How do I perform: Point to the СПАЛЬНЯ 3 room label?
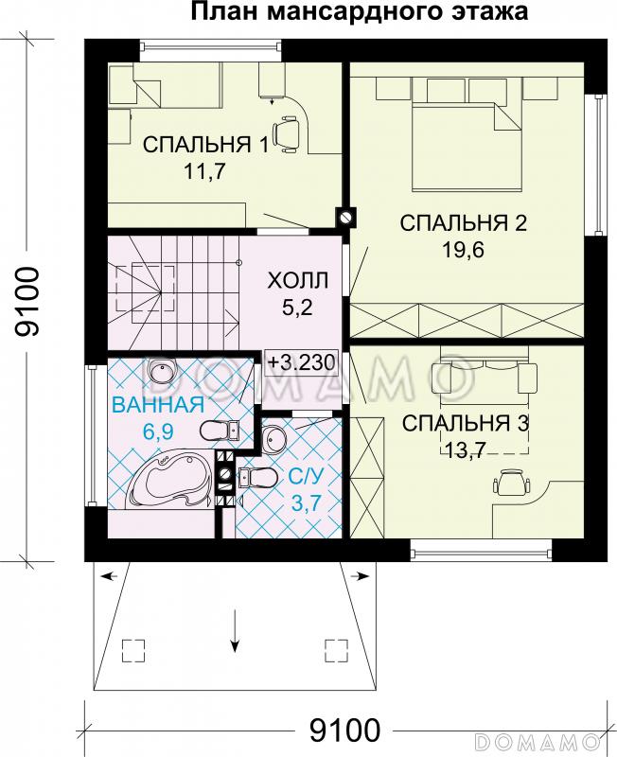(465, 423)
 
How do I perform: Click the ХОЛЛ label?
(297, 281)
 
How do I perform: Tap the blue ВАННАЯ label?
(158, 406)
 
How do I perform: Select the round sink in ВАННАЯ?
(163, 372)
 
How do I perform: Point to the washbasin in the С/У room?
(274, 438)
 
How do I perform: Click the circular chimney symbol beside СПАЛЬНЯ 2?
(345, 217)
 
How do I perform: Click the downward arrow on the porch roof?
(233, 629)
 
